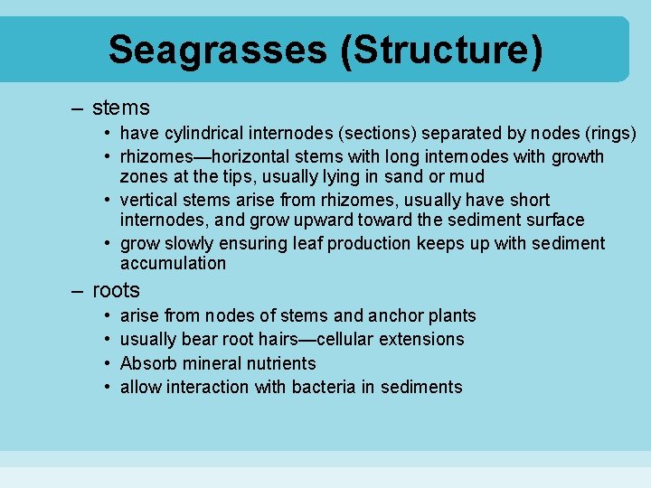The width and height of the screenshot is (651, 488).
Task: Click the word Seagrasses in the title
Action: click(x=218, y=50)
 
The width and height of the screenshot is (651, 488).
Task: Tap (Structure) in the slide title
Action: click(x=442, y=50)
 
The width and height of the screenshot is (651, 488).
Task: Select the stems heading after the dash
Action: click(x=120, y=108)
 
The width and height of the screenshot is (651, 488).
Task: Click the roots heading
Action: click(x=116, y=290)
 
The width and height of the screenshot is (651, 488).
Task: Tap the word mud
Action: click(x=467, y=176)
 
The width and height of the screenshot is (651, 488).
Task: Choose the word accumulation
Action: click(x=173, y=263)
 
